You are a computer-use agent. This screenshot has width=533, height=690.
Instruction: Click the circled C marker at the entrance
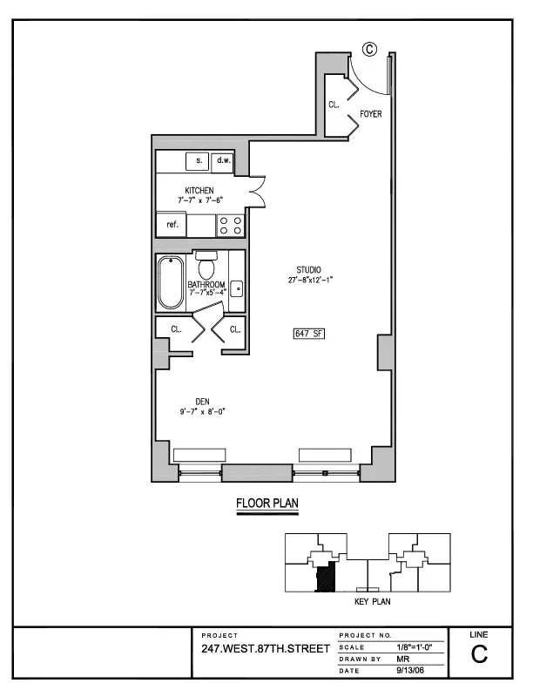click(368, 50)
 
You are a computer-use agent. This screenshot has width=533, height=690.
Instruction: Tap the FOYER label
click(371, 114)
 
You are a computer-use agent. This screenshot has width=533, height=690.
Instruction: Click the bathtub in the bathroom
click(171, 282)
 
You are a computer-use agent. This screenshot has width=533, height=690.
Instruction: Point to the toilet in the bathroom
click(206, 264)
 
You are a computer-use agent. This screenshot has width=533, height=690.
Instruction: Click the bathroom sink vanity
click(236, 288)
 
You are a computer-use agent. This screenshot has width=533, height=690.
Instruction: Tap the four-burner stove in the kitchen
click(230, 226)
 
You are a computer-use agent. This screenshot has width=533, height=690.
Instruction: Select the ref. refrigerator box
click(172, 225)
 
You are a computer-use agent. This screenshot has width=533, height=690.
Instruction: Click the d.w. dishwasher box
click(223, 161)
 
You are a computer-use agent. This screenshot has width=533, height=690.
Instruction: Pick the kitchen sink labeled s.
click(199, 161)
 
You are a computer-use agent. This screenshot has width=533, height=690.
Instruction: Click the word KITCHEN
click(199, 190)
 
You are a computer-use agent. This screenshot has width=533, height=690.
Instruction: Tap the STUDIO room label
click(309, 269)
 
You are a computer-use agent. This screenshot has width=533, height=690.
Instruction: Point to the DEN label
click(201, 402)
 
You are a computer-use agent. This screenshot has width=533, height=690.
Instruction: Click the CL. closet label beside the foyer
click(334, 104)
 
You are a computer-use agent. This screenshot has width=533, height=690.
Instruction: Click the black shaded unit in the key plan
click(325, 578)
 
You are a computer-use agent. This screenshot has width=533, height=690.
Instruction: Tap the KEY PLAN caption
click(372, 602)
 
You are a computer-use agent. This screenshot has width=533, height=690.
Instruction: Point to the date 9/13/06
click(408, 670)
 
